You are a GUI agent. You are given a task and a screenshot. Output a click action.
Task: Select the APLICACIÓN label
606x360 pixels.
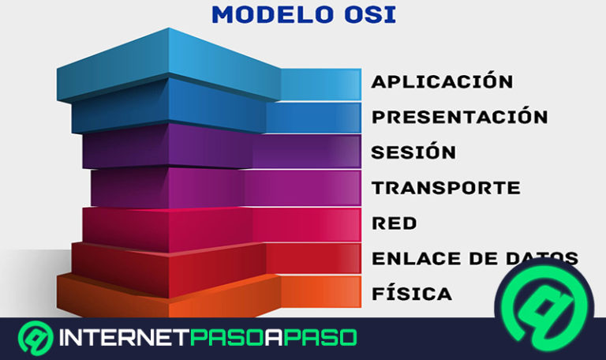[442, 81]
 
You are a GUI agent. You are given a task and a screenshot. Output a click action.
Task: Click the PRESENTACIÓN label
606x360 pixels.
[459, 117]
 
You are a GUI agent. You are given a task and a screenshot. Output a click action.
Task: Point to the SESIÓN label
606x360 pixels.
[413, 152]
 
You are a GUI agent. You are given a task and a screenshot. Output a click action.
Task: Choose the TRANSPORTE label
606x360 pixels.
[446, 188]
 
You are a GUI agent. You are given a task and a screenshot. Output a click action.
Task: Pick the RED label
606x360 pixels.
[394, 223]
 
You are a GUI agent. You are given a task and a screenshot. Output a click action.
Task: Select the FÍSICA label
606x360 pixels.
[412, 294]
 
